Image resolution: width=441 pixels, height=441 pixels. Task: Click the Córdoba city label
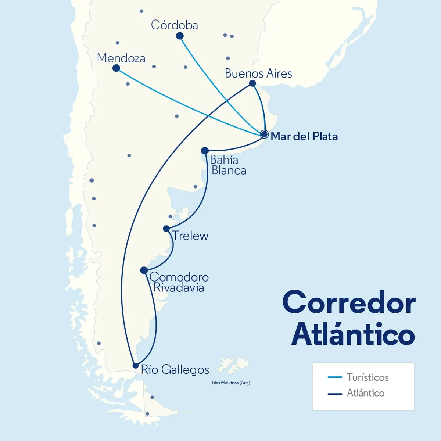coord(174,25)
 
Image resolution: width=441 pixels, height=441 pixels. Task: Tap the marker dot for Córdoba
coord(180,36)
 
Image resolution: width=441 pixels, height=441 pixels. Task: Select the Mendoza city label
coord(121,58)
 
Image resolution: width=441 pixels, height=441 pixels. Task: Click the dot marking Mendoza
coord(116,68)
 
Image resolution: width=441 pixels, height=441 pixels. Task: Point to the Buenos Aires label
coord(258,73)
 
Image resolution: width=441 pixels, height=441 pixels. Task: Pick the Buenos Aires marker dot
coord(252,83)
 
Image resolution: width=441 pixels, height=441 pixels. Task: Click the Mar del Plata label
coord(304,136)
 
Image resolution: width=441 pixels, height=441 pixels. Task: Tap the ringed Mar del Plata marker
coord(264,134)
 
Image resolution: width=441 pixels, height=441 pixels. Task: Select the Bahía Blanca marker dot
coord(205,150)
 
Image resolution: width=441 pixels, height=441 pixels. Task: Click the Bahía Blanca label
coord(228,165)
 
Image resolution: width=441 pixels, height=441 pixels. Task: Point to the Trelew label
coord(190,236)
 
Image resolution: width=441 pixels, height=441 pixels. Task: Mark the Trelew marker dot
coord(166,229)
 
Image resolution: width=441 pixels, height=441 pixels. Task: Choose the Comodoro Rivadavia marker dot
coord(144,270)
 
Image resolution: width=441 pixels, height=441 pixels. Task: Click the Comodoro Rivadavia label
coord(179,282)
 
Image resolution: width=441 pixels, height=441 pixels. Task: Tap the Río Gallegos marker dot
coord(136,366)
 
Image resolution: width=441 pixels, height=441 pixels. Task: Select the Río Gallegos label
coord(175,369)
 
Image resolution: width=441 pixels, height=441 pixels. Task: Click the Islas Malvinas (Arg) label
coord(231,383)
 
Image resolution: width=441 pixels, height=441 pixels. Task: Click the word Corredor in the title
coord(349,302)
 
